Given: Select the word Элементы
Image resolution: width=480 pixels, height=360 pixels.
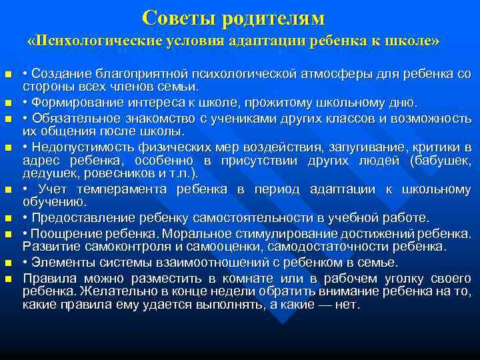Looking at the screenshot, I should [x=59, y=263].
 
